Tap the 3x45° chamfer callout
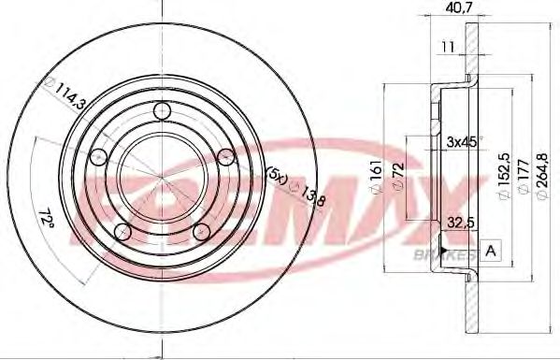(463, 142)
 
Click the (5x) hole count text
(276, 176)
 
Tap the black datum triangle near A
(470, 252)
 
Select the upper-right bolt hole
(224, 157)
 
